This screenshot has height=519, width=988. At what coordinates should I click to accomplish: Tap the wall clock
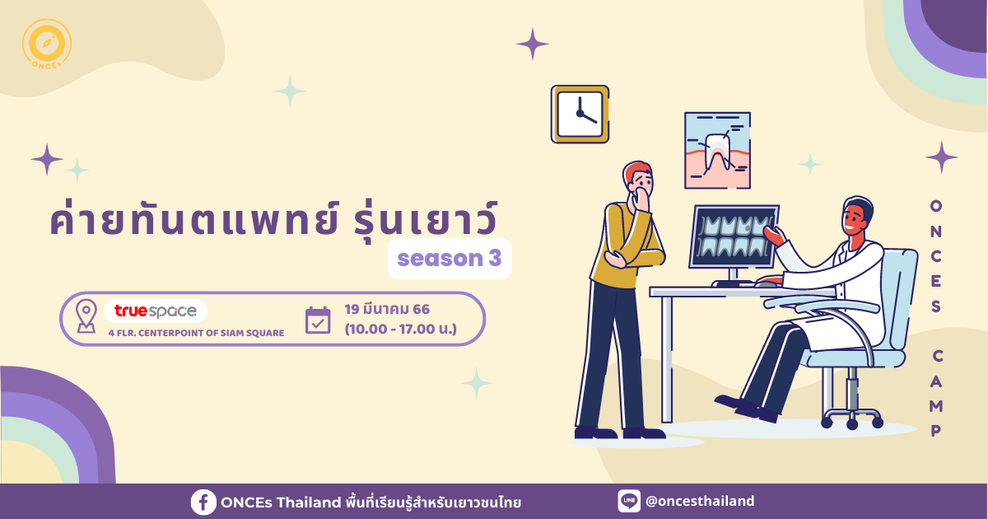[580, 114]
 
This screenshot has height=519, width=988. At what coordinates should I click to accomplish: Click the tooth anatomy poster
[718, 151]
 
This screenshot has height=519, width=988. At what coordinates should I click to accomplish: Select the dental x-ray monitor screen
[734, 236]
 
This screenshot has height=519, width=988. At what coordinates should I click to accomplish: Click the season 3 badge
[450, 259]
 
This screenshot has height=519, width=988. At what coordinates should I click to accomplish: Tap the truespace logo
[156, 311]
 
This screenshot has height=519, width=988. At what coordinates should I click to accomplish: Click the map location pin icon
[86, 316]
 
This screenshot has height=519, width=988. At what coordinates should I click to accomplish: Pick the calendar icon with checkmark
[318, 320]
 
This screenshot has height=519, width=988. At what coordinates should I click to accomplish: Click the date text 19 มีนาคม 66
[387, 310]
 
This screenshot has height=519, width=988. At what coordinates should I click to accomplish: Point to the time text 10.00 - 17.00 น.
[401, 330]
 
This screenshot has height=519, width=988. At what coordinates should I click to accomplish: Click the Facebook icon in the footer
[203, 503]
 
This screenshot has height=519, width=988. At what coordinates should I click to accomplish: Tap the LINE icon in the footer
[629, 501]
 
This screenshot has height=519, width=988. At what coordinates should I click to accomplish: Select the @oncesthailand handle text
[700, 502]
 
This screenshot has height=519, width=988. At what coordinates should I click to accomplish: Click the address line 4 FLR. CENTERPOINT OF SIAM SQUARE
[196, 333]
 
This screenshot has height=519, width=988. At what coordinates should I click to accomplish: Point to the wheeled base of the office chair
[852, 417]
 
